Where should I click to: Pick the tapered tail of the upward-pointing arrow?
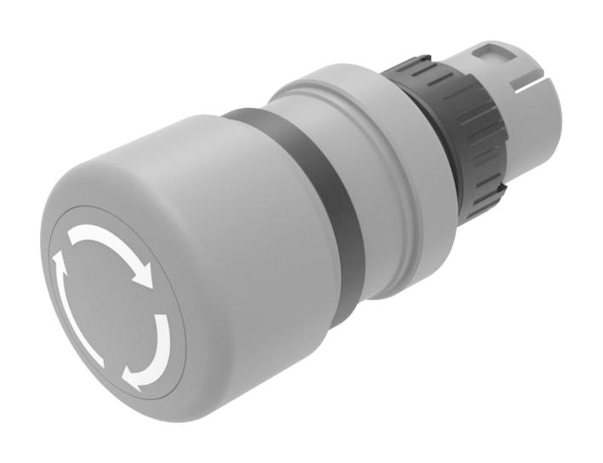(94, 356)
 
